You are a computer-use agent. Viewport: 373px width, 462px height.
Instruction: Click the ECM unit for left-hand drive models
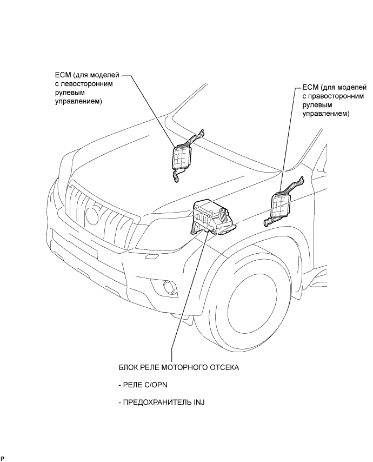tap(183, 157)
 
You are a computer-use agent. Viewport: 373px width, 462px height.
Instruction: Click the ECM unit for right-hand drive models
tap(282, 205)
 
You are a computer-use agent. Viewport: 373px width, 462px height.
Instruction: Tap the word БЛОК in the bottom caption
tap(129, 367)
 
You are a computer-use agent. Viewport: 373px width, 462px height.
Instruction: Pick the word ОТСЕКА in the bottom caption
tap(225, 367)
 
